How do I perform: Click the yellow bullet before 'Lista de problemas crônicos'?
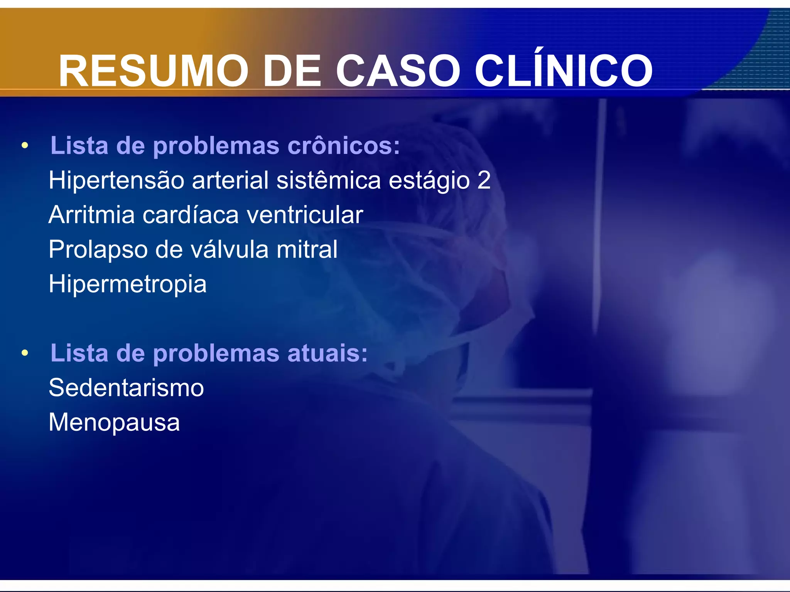click(x=25, y=146)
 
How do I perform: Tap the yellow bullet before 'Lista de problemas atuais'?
click(x=25, y=353)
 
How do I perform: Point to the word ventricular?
click(x=305, y=215)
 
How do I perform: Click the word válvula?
click(x=230, y=249)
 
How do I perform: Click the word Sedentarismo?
click(x=126, y=388)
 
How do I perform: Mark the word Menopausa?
click(x=114, y=422)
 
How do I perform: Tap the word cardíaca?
click(x=191, y=215)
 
